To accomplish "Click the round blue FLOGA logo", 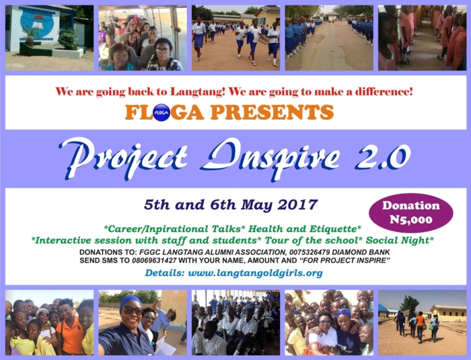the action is [161, 112].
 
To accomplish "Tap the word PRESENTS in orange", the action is [272, 112].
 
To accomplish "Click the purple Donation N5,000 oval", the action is [411, 213].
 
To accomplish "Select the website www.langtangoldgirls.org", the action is [255, 273].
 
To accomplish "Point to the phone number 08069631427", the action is [154, 260].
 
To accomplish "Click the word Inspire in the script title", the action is [270, 157].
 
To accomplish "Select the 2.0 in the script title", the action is [383, 156].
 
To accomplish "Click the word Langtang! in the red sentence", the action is [197, 92].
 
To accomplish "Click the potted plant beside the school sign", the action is [30, 36].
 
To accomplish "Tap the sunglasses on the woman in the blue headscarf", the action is [133, 310].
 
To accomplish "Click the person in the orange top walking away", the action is [421, 327].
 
